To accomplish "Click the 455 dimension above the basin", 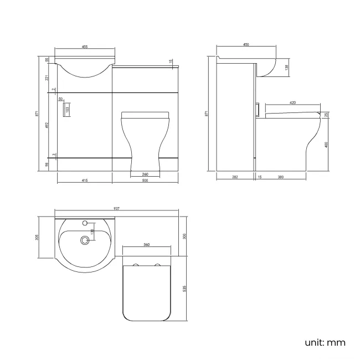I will [x=86, y=47].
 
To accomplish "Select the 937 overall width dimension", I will [x=117, y=209].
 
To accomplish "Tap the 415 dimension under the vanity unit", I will [x=84, y=180].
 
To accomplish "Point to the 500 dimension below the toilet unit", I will [x=145, y=180].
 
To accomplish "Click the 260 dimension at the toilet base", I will [x=145, y=174].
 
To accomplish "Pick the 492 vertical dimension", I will [x=47, y=125].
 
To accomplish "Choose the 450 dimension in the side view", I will [x=246, y=45].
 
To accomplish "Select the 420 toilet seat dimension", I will [x=292, y=102].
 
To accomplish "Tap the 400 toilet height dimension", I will [x=327, y=145].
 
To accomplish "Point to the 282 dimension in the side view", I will [x=235, y=177].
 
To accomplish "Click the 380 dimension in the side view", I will [x=281, y=177].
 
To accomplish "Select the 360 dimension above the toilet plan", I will [x=146, y=244].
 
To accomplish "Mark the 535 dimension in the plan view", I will [x=184, y=289].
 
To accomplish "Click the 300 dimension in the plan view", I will [x=184, y=236].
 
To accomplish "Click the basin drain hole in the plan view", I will [x=85, y=240].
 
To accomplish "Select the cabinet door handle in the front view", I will [x=68, y=109].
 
